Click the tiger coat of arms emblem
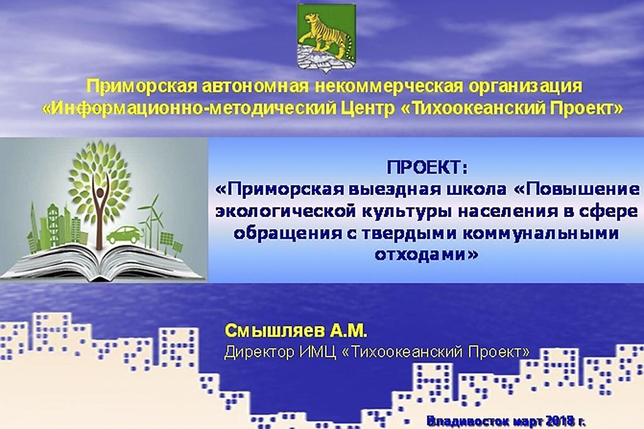pos(326,38)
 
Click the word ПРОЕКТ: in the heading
pos(427,168)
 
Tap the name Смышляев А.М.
pos(296,330)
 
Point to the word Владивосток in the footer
pos(468,421)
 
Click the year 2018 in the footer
pos(560,421)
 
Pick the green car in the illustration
pos(124,235)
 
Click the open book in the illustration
pos(103,261)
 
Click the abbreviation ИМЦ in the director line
pos(318,352)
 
